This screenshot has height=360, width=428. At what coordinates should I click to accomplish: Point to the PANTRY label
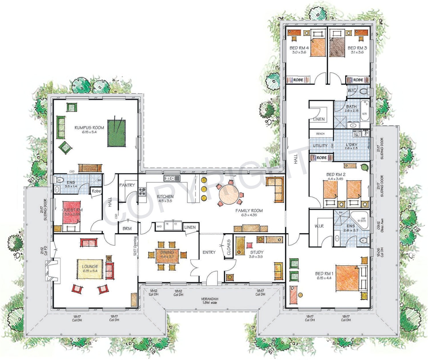coord(127,185)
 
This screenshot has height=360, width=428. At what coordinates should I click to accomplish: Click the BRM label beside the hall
coord(127,228)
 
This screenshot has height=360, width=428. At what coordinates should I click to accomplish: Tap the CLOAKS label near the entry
coord(229,247)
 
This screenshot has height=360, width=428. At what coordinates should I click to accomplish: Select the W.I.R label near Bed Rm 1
coord(319,226)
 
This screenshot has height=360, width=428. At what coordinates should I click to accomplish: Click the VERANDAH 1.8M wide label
coord(209,301)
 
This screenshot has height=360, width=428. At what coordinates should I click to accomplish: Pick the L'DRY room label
coord(351,145)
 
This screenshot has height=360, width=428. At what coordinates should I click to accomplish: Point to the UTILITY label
coord(320,146)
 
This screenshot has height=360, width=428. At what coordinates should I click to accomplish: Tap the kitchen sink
coord(171,178)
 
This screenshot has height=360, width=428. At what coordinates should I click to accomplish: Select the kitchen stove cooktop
coord(142,191)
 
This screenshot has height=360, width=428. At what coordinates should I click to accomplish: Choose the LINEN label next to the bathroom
coord(319,119)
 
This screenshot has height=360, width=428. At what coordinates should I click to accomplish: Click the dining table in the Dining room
coord(167,254)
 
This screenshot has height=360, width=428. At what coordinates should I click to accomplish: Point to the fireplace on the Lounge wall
coord(53,270)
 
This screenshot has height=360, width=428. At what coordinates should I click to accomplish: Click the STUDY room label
coord(257,252)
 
